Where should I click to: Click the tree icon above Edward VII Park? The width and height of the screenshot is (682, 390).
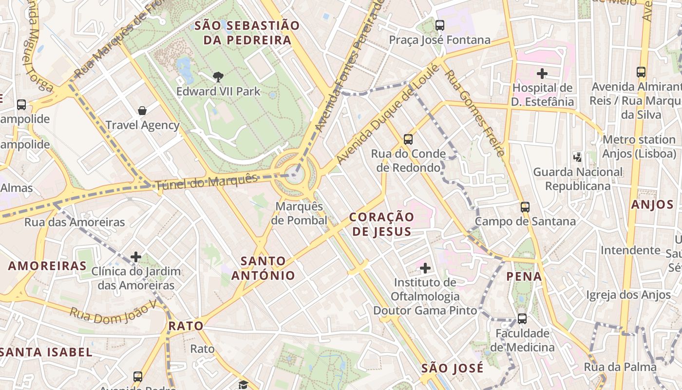coord(218,77)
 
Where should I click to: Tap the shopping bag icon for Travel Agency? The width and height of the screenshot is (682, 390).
coord(142,111)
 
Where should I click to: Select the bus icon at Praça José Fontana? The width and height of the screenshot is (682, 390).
coord(440,25)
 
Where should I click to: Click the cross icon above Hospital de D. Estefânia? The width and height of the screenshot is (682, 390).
coord(542,74)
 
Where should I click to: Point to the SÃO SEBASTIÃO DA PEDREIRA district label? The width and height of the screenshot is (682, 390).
coord(247,33)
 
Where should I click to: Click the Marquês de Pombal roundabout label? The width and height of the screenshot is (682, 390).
coord(299,214)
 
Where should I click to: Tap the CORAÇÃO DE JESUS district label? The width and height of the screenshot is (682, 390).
coord(381,224)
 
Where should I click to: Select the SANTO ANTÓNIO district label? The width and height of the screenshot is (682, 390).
coord(263,268)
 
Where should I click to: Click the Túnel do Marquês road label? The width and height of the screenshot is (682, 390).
coord(206,182)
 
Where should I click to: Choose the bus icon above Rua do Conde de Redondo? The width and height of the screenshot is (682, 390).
coord(408,139)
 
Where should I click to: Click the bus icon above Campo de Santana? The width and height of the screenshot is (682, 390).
coord(525,207)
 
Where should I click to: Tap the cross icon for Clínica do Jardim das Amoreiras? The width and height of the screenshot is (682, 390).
coord(136,256)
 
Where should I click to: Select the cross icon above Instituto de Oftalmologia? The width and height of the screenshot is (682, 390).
coord(425,268)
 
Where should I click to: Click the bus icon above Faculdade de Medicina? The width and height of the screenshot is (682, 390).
coord(522,319)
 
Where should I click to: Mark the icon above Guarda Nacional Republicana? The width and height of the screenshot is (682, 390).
coord(578,157)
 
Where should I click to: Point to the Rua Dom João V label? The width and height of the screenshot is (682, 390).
coord(114,311)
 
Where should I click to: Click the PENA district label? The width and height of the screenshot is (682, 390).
coord(524,276)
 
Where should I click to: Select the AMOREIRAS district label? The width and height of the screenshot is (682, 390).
coord(47,266)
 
